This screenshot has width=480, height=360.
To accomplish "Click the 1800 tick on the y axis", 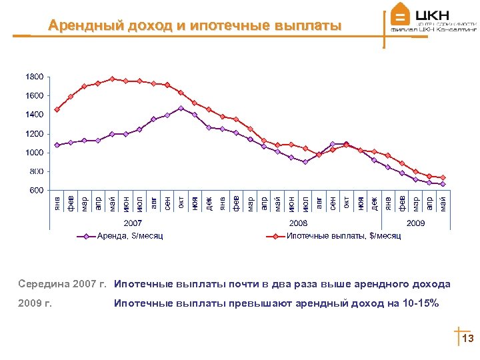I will coord(35,77).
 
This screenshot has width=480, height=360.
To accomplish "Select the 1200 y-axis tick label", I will coord(35,134).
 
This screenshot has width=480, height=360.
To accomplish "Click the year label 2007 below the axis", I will coord(133,223).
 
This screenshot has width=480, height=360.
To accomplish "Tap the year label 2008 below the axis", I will coord(298,223).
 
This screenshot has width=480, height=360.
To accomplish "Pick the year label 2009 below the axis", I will coord(415,223).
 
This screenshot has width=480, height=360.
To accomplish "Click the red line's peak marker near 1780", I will coord(112,79).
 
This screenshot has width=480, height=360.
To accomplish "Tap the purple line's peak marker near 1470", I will coord(181,108).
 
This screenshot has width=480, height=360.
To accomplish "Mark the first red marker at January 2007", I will coord(57,110).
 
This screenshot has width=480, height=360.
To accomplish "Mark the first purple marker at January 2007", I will coord(57,145).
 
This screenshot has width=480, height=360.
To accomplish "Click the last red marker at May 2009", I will coord(443,178).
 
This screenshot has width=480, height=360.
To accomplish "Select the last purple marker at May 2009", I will coord(443,184).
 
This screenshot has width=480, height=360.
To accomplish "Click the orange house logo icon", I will coord(400,15).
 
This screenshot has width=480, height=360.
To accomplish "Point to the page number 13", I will coord(467,339).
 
